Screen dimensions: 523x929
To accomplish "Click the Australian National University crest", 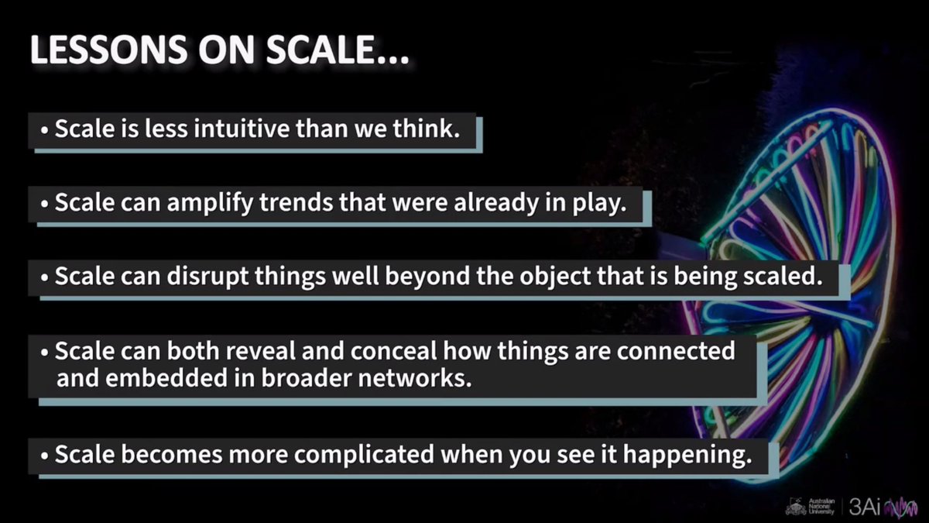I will (x=794, y=507).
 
